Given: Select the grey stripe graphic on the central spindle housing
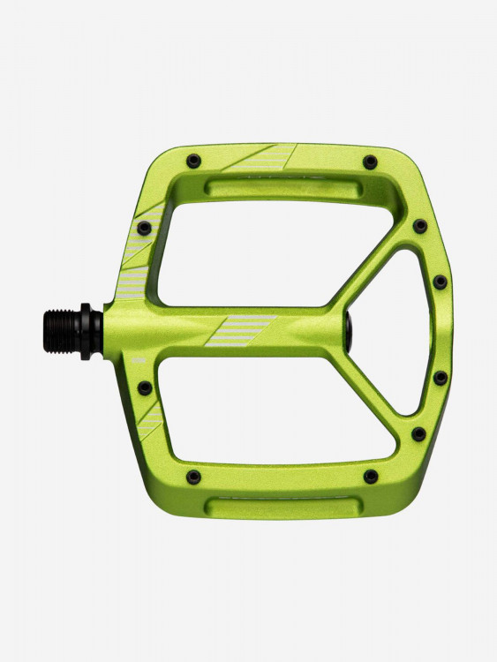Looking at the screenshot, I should pyautogui.click(x=240, y=330).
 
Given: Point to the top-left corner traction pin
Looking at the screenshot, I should pyautogui.click(x=193, y=161).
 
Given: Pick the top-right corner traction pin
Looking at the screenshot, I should pyautogui.click(x=370, y=162).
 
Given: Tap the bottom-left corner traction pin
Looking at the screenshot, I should pyautogui.click(x=193, y=477).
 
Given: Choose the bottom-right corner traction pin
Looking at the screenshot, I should pyautogui.click(x=371, y=477).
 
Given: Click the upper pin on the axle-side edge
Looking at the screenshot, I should pyautogui.click(x=144, y=229).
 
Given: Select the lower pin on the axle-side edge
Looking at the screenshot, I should pyautogui.click(x=144, y=387).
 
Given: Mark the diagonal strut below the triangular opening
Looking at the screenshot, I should pyautogui.click(x=371, y=397).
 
